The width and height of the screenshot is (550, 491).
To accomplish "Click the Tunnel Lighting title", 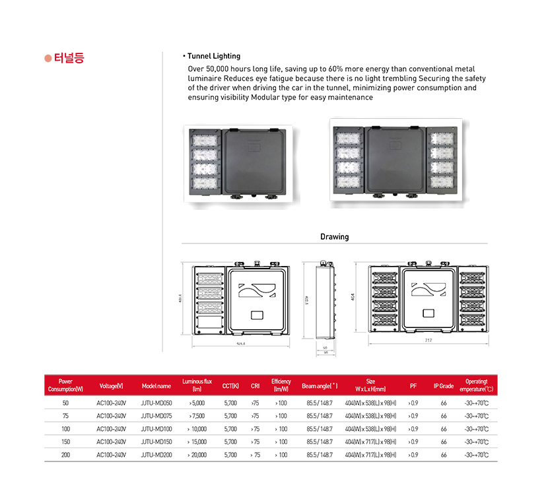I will click(x=213, y=56).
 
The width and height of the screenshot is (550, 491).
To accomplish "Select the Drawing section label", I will click(x=334, y=236).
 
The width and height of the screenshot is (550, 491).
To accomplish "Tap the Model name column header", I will click(x=156, y=385).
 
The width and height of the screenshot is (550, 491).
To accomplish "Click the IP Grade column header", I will click(x=444, y=385).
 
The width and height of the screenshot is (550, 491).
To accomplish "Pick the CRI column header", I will click(x=255, y=385).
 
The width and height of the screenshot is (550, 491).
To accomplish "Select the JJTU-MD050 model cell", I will click(x=156, y=403).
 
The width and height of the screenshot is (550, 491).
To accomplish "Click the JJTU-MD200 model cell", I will click(x=156, y=455).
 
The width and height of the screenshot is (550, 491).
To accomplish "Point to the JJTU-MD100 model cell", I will click(x=156, y=429).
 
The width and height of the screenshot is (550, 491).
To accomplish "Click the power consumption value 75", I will click(x=65, y=416).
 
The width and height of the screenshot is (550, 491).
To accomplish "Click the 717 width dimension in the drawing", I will click(x=428, y=341).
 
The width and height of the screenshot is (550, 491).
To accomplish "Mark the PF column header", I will click(x=413, y=385).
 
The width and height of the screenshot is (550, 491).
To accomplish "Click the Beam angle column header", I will click(x=320, y=385).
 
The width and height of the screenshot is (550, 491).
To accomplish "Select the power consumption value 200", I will click(x=65, y=455).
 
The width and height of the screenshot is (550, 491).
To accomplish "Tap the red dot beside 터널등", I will click(x=48, y=58).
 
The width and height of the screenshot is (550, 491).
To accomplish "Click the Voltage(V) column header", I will click(x=111, y=385).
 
